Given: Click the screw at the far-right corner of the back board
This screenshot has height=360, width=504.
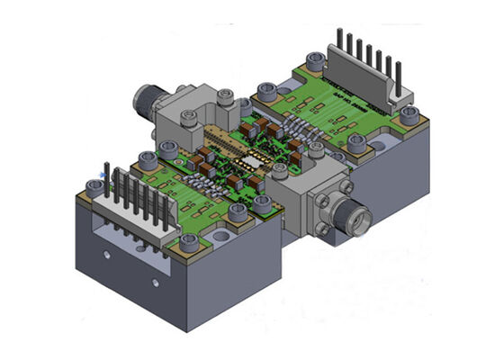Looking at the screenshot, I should point(409,115).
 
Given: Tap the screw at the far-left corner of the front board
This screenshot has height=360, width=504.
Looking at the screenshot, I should point(94,188).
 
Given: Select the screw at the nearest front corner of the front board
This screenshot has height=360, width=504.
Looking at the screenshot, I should point(190,242).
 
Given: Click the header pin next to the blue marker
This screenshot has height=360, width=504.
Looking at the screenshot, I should point(110,184).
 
